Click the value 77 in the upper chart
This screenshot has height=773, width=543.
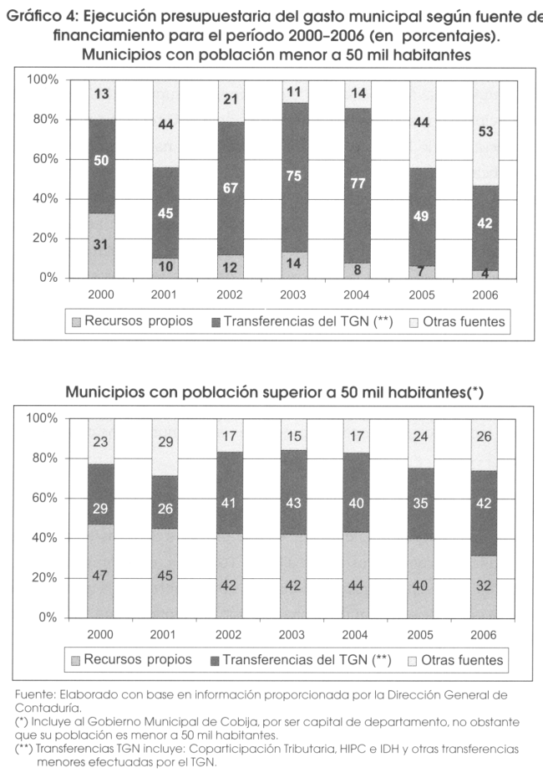[x=358, y=183]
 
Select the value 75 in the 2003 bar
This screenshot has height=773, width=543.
[x=293, y=176]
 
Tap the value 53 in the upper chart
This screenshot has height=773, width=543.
[x=485, y=132]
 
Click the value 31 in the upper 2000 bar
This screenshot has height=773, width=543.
[x=100, y=244]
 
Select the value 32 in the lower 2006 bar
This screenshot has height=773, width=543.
[x=485, y=586]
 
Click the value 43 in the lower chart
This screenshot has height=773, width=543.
[x=293, y=506]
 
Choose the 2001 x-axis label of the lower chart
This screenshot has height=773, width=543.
[x=165, y=635]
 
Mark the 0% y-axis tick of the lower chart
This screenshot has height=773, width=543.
[x=47, y=617]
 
